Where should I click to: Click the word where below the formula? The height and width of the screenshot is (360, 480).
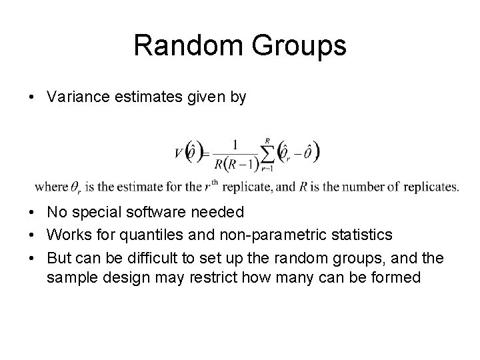[x=51, y=187]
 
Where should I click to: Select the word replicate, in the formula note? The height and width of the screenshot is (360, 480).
[x=249, y=187]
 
